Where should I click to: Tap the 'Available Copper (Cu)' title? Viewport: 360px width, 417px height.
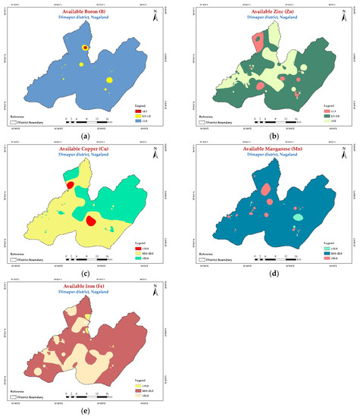[88, 147]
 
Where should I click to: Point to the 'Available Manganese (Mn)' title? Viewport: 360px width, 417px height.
[267, 147]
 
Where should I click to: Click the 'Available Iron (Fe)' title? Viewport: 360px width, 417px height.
[88, 286]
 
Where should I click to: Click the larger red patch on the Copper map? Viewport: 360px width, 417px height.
[91, 221]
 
